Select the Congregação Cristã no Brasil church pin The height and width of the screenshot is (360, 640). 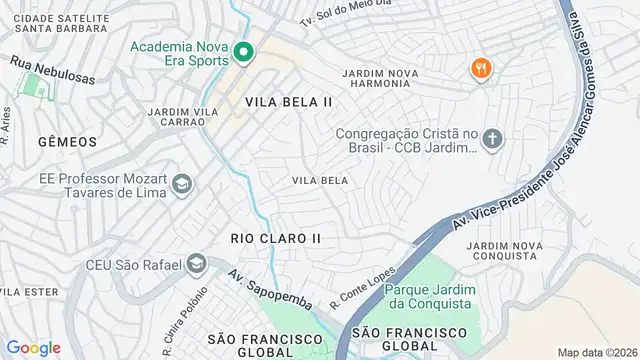[492, 140]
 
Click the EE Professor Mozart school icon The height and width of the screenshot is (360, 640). [181, 184]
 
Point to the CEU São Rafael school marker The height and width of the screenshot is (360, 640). [196, 263]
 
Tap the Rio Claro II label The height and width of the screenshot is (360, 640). [275, 238]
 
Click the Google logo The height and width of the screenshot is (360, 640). [33, 348]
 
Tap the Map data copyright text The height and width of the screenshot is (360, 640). [596, 352]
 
